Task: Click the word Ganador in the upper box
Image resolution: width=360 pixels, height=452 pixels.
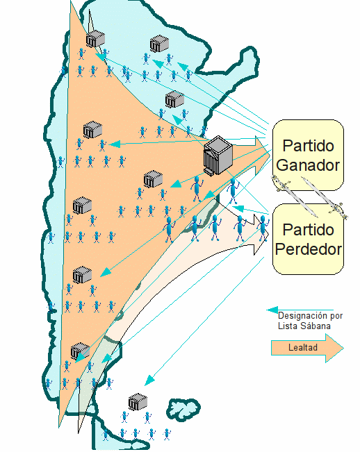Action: [308, 165]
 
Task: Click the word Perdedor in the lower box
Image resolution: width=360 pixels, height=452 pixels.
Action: [308, 249]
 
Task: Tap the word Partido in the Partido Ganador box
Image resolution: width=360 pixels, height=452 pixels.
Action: [308, 146]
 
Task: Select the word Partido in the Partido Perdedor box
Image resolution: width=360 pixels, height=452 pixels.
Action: [308, 230]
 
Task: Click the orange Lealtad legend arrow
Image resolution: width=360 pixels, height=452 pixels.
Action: [307, 348]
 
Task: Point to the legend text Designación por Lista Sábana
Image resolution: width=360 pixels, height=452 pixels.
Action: [310, 321]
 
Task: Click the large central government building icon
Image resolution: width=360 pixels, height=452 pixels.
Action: [218, 156]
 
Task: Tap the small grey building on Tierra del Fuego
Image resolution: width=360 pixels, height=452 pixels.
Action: [138, 401]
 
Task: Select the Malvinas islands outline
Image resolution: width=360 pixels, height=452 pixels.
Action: [183, 408]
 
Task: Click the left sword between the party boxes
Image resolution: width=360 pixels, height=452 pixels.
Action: [294, 196]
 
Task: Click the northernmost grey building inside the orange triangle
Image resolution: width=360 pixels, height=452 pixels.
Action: [95, 39]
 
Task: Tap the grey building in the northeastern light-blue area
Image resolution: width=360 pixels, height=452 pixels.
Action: [159, 44]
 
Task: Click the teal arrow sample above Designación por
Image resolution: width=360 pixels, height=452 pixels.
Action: [300, 310]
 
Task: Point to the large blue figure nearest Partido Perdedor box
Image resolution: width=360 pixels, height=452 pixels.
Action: [263, 228]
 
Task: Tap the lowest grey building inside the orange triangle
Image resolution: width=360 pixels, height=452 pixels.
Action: [80, 351]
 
